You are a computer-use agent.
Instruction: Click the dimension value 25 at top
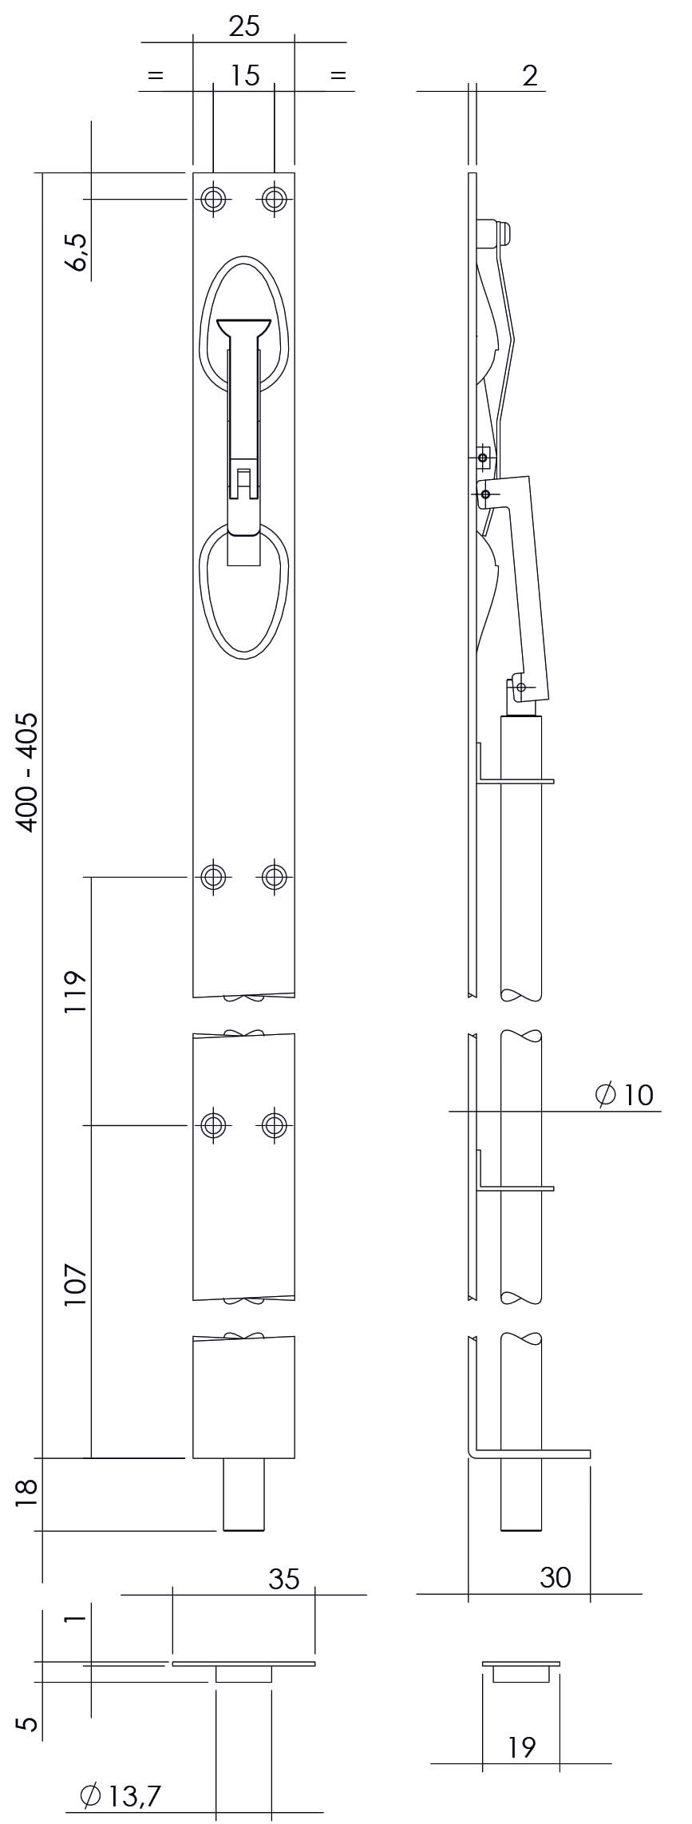tap(244, 27)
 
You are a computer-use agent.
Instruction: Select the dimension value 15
tap(245, 76)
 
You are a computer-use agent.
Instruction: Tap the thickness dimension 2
tap(530, 76)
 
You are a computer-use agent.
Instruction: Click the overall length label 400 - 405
tap(28, 771)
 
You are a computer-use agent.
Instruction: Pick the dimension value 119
tap(76, 993)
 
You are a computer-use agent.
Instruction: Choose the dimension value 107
tap(76, 1284)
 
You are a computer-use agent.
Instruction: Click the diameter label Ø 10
tap(625, 1095)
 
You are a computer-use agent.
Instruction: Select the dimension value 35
tap(284, 1579)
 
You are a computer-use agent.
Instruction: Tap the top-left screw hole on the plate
tap(212, 199)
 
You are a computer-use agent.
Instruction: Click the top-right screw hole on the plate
tap(274, 199)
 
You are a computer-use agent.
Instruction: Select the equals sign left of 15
tap(156, 76)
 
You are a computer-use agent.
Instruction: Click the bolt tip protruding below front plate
tap(243, 1495)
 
